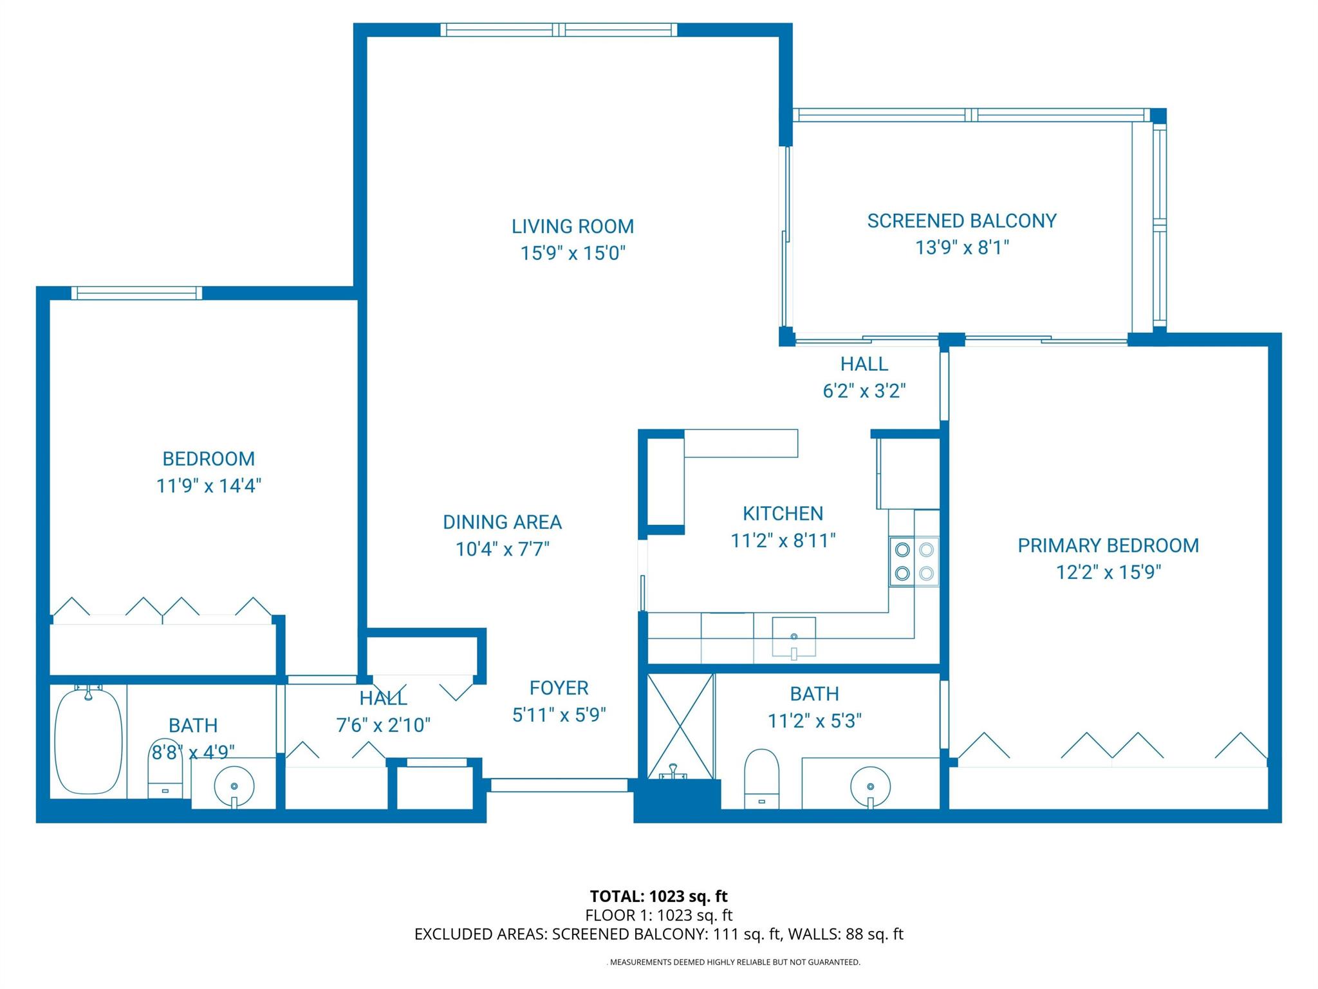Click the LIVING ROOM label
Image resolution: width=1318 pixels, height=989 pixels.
[x=572, y=226]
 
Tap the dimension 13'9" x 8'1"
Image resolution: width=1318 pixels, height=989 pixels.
[x=961, y=247]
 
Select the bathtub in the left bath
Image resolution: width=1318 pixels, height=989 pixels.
[x=88, y=741]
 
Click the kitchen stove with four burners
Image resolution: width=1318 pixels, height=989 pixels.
[x=914, y=561]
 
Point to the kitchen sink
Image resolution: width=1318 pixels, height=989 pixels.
[x=794, y=637]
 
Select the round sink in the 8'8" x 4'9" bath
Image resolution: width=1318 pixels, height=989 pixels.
[x=234, y=786]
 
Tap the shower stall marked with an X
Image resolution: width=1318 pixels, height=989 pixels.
[x=680, y=726]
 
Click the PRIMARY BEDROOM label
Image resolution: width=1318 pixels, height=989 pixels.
[x=1108, y=545]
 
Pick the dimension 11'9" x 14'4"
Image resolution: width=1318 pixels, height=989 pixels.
[x=209, y=485]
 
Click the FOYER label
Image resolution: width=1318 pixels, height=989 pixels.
[x=559, y=688]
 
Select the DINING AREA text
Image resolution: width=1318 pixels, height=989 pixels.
[x=502, y=522]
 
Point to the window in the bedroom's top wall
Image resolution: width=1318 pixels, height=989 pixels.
[x=136, y=293]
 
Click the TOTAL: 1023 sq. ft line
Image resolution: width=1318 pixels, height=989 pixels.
[x=658, y=896]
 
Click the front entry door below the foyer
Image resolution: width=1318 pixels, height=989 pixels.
[x=559, y=785]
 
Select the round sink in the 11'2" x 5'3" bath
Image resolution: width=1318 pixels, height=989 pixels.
[x=870, y=786]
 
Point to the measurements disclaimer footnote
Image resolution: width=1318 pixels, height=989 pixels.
[x=734, y=962]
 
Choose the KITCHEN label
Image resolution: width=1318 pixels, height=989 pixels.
[x=783, y=513]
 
